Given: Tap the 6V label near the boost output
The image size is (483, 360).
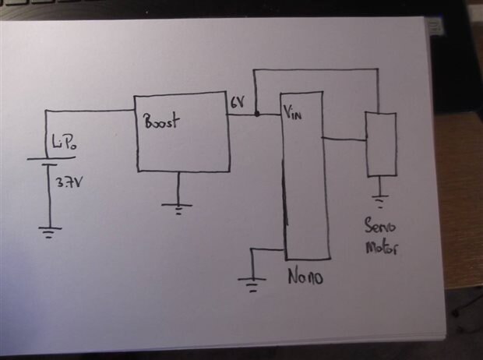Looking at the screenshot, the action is coord(238,102).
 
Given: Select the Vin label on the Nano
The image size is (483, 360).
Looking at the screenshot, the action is coord(292,113).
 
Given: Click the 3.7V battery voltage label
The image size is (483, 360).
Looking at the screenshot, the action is coord(69,182).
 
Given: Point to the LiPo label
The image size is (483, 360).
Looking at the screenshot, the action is coord(65,143).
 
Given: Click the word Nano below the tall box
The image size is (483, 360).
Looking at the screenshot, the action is coord(305,276).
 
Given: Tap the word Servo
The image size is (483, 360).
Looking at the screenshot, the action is coord(380,226).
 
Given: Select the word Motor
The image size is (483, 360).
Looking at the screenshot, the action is coord(382,248).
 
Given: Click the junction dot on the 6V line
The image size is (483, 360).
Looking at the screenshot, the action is coord(257,115).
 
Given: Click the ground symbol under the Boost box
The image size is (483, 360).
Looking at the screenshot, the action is coord(177,209).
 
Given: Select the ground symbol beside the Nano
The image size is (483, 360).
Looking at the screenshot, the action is coord(252,284).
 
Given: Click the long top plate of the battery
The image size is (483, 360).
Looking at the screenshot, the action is coord(51,158).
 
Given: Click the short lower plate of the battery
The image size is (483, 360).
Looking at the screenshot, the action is coord(49,165).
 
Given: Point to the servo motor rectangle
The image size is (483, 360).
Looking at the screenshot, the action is coord(381,144).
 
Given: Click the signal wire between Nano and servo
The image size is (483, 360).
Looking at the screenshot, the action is coord(344,139).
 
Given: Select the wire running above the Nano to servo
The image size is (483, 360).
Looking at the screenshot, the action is coord(316,70).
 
